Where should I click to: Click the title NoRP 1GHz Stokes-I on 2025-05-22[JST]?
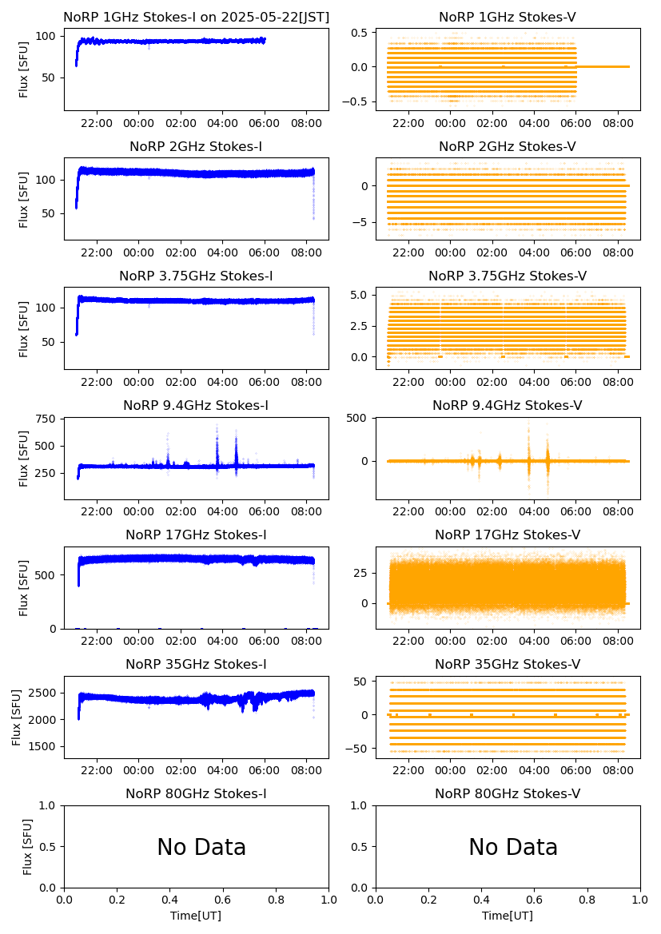pyautogui.click(x=196, y=17)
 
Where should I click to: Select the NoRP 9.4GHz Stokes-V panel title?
pyautogui.click(x=508, y=405)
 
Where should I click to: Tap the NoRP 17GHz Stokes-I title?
pyautogui.click(x=196, y=535)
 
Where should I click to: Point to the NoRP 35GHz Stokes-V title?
pyautogui.click(x=508, y=664)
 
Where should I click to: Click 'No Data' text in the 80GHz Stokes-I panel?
pyautogui.click(x=201, y=848)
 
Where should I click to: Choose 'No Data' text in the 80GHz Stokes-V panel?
pyautogui.click(x=513, y=848)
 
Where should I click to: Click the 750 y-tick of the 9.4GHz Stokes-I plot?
pyautogui.click(x=48, y=419)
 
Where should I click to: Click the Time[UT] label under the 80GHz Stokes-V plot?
pyautogui.click(x=508, y=916)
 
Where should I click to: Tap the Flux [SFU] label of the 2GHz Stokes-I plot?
pyautogui.click(x=24, y=200)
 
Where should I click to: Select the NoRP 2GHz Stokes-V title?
pyautogui.click(x=508, y=146)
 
